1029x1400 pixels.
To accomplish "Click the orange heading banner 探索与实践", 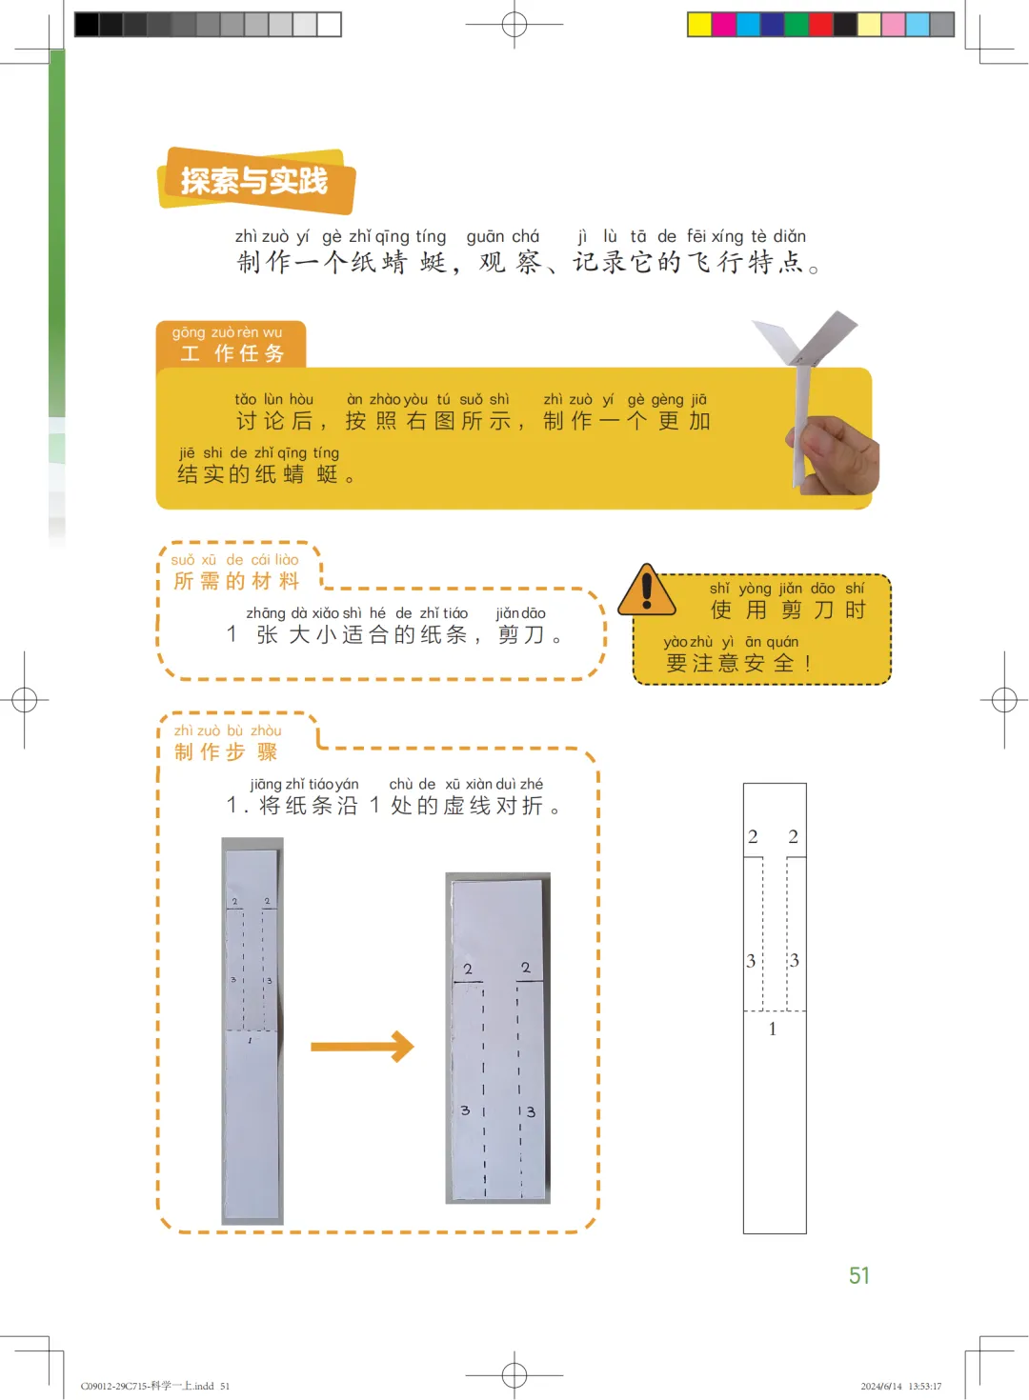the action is click(256, 181).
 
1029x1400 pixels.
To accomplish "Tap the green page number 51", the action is click(859, 1275).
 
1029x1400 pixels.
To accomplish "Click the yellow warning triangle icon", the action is click(646, 590).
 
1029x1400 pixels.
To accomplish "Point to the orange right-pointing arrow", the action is click(363, 1047).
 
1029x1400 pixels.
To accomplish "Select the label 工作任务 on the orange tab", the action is click(232, 353).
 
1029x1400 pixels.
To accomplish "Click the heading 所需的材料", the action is click(236, 581).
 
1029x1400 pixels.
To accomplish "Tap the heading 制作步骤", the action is click(226, 751).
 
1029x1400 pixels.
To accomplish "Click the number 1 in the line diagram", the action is click(773, 1029).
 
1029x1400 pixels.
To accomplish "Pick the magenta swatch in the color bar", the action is click(724, 25).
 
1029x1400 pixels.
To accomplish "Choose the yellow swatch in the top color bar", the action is click(699, 25).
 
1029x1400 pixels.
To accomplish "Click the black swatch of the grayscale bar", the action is click(87, 25).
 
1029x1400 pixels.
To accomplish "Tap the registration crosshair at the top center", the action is click(514, 25).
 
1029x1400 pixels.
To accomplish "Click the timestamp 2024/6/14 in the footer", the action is click(881, 1386).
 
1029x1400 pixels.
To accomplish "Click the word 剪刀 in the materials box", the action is click(521, 634).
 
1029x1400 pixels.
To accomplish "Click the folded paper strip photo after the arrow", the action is click(497, 1038).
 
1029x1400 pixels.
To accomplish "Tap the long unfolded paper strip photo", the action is click(252, 1031).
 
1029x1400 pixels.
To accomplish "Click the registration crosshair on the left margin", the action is click(25, 700).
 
